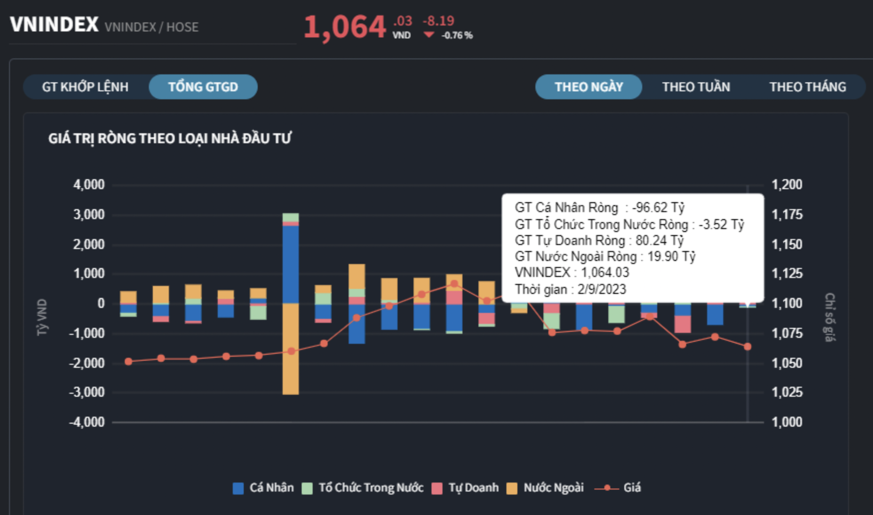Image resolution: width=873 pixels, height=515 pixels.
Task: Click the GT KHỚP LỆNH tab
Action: (85, 87)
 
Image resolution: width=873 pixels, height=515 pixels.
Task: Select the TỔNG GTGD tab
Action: (203, 87)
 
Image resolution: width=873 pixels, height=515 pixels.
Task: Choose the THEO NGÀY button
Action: (588, 87)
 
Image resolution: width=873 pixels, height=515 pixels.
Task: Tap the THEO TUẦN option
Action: (696, 87)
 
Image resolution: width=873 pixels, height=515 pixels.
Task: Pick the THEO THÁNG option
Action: (807, 87)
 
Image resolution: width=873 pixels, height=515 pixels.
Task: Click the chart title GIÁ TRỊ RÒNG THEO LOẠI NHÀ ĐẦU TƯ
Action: (170, 138)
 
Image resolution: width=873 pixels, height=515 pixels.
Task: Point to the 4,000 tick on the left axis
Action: (89, 185)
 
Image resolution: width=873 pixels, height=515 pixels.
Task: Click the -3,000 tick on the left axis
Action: (87, 392)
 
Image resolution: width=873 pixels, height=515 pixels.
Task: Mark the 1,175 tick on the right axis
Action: (787, 215)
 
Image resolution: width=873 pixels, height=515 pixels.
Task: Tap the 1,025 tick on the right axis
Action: (787, 392)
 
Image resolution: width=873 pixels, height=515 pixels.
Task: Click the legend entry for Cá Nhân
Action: (264, 488)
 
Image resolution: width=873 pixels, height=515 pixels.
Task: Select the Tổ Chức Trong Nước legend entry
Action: (363, 488)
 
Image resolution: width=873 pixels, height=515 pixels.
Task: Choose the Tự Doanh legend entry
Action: (465, 488)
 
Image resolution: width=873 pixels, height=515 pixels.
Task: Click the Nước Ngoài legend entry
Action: (545, 488)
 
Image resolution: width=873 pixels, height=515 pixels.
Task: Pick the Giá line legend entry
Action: (618, 488)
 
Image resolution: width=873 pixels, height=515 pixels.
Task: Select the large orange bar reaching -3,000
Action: (291, 349)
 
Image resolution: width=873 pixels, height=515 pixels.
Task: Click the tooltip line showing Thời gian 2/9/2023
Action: (570, 289)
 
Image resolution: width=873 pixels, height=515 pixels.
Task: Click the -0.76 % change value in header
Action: (456, 35)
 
